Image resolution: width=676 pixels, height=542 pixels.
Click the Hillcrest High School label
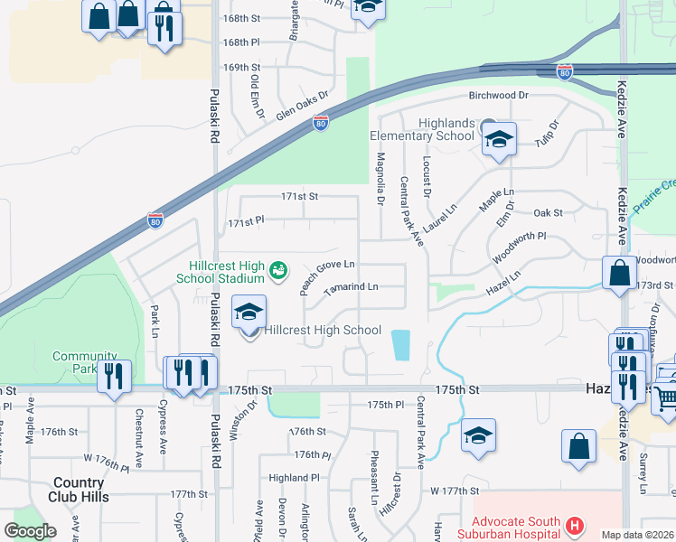click(x=322, y=331)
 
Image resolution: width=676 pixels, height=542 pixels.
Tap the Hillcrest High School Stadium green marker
click(x=279, y=269)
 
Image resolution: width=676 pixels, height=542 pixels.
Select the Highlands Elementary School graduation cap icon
click(x=498, y=140)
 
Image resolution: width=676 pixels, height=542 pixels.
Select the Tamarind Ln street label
click(x=350, y=287)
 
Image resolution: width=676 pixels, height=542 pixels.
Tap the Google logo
click(x=30, y=531)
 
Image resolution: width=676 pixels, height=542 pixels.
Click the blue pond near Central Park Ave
click(x=400, y=344)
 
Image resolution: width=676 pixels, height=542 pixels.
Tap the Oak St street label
click(x=549, y=213)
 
